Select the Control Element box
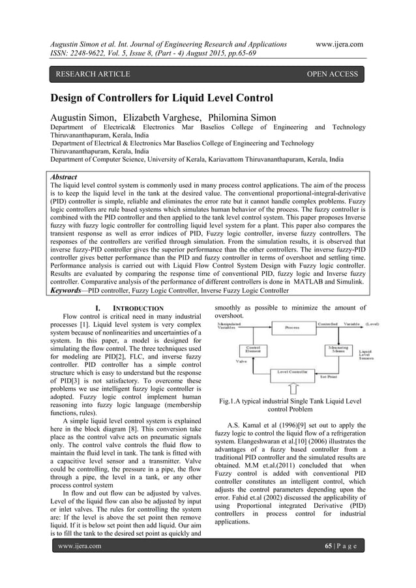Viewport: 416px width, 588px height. [x=245, y=349]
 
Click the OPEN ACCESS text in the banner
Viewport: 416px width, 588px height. [x=333, y=74]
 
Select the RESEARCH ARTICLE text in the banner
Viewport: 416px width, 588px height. [x=93, y=74]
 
